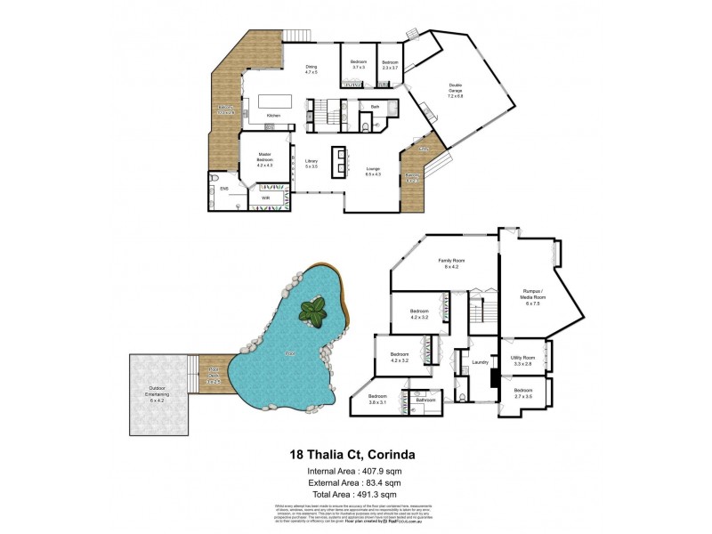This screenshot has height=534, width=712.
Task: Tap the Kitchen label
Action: point(274,117)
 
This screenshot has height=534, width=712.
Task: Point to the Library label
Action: point(311,163)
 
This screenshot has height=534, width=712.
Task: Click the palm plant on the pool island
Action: point(312,311)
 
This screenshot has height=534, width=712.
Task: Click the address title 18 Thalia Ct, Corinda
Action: point(355,454)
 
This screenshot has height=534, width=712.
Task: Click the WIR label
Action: point(265,197)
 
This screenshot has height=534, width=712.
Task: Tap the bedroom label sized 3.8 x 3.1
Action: point(377,398)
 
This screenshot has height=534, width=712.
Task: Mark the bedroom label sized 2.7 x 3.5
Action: point(523,392)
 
